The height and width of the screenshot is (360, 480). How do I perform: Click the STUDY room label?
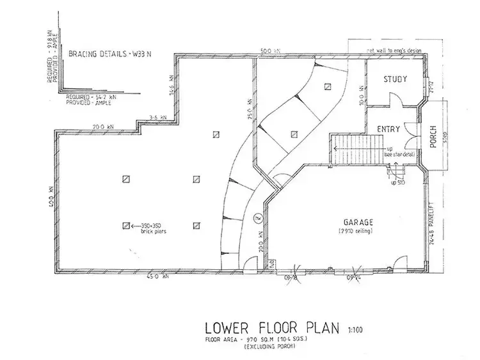(x=396, y=79)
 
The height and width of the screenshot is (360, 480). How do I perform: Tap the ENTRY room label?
(x=388, y=129)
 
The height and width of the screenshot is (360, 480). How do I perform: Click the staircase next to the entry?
(x=353, y=149)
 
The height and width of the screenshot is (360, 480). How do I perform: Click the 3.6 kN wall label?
(x=157, y=118)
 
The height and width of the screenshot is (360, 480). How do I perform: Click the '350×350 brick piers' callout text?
(x=153, y=228)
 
